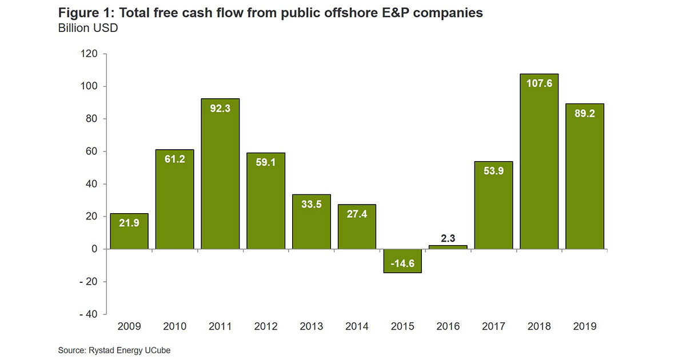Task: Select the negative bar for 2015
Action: pyautogui.click(x=402, y=261)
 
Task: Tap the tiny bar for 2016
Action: pyautogui.click(x=448, y=247)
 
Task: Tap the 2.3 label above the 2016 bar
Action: pyautogui.click(x=448, y=237)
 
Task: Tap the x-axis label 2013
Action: pyautogui.click(x=311, y=326)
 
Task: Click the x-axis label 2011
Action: pyautogui.click(x=220, y=326)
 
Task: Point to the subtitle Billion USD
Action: pyautogui.click(x=88, y=27)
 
